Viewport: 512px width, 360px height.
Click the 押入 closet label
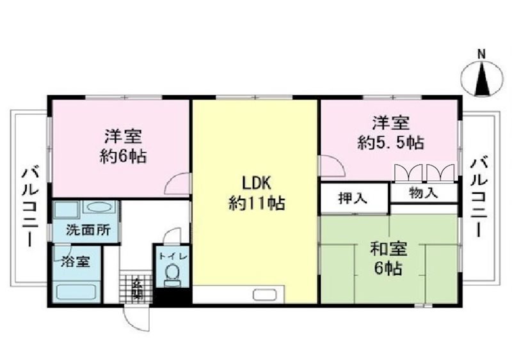(354, 198)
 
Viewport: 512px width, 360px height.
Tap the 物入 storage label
(424, 192)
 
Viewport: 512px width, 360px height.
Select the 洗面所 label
(86, 231)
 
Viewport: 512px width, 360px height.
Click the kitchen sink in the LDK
(263, 295)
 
